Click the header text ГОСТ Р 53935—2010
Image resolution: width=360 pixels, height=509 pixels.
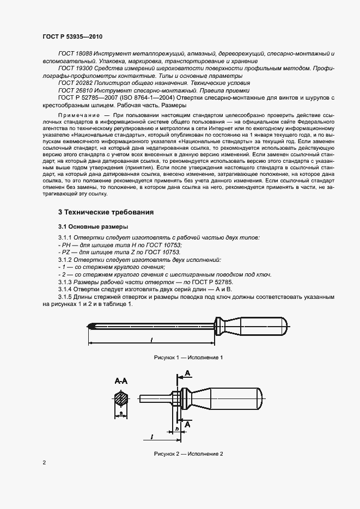72,36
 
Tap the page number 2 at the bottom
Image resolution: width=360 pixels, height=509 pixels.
44,463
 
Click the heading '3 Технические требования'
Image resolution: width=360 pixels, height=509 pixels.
106,212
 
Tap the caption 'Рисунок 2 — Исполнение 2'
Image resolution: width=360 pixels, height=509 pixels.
188,453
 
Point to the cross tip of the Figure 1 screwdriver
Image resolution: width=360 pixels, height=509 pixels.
90,327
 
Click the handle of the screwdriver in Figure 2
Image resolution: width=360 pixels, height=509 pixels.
229,397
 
